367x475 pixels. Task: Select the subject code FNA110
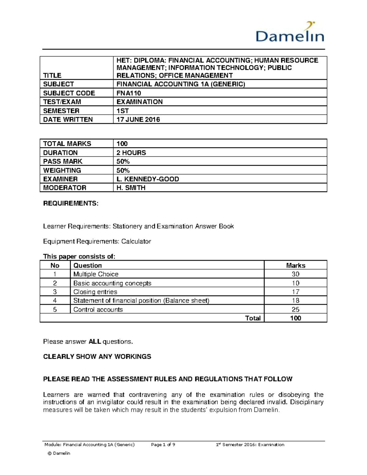(129, 93)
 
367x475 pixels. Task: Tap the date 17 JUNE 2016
(138, 119)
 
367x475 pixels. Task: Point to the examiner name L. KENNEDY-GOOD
(148, 179)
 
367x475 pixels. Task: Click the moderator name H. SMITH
(131, 188)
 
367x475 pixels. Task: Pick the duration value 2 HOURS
(131, 153)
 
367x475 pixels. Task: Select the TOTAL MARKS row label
(67, 144)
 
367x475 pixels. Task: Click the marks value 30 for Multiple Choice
(295, 274)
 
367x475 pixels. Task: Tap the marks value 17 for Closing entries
(295, 292)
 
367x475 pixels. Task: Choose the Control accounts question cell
(98, 310)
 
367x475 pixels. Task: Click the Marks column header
(295, 265)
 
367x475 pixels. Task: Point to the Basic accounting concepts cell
(112, 283)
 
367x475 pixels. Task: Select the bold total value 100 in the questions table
(295, 318)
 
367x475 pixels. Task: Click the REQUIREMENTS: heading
(71, 203)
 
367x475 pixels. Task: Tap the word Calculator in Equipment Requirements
(136, 241)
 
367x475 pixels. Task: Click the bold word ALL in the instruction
(95, 341)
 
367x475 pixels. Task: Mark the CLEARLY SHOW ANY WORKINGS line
(97, 357)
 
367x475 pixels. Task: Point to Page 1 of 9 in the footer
(163, 445)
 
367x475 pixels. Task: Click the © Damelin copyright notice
(59, 453)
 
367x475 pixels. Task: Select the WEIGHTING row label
(62, 170)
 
